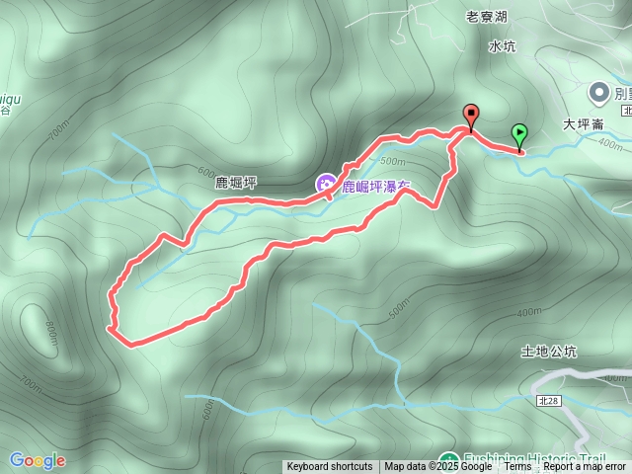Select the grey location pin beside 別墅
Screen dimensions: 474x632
tap(598, 93)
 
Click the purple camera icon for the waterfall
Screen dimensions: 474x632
tap(325, 184)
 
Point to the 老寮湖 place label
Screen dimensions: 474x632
tap(486, 17)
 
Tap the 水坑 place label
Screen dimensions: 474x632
tap(502, 45)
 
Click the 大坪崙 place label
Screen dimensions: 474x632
tap(583, 125)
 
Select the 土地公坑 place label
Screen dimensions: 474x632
tap(548, 352)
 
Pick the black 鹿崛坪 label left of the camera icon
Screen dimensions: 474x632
tap(236, 184)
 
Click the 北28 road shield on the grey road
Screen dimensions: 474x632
tap(549, 401)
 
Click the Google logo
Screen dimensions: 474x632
tap(38, 460)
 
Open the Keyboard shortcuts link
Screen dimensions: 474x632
tap(330, 467)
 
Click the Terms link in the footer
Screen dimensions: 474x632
tap(517, 467)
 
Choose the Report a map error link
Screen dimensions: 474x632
tap(585, 467)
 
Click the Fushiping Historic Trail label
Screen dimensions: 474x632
tap(533, 459)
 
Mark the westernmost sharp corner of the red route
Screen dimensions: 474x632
tap(108, 327)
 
